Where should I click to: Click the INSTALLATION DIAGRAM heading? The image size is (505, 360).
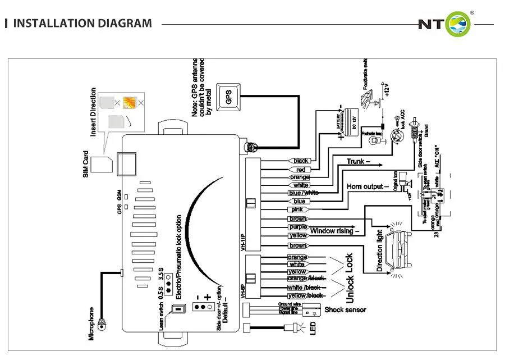coord(82,24)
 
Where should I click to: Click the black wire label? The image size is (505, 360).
coord(301,161)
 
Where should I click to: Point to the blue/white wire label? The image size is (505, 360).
coord(303,193)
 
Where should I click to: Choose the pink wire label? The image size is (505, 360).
coord(298,209)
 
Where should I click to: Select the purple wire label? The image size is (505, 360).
coord(298,227)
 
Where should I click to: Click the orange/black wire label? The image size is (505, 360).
coord(305,279)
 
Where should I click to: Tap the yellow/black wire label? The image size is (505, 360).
coord(305,295)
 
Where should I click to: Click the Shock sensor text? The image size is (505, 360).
coord(345,309)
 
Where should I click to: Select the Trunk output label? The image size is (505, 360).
coord(359,162)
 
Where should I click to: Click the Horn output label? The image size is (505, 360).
coord(368,186)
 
